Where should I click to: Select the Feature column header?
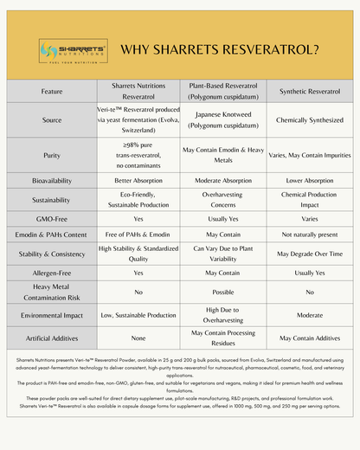tap(51, 91)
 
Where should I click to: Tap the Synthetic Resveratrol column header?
tap(309, 91)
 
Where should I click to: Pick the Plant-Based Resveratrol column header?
tap(223, 91)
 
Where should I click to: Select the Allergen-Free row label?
tap(51, 272)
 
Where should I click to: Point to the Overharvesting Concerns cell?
tap(223, 199)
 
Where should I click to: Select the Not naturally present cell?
tap(309, 234)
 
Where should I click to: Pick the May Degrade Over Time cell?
tap(309, 254)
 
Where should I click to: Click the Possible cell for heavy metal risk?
tap(223, 292)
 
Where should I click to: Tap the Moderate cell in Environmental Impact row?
tap(309, 315)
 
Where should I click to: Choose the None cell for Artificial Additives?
tap(138, 338)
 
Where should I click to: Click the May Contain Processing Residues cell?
tap(223, 338)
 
